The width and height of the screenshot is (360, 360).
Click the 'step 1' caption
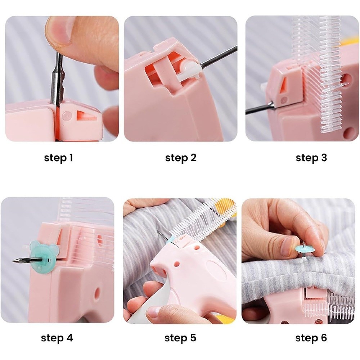coord(58,158)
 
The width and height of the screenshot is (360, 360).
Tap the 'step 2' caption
coord(181,158)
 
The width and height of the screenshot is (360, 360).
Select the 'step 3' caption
coord(311,158)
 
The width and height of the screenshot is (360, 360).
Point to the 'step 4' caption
coord(57,338)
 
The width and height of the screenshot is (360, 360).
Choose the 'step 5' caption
coord(180,338)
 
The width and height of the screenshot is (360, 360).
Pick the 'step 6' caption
coord(311,338)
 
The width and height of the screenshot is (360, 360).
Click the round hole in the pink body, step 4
coord(97,292)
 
